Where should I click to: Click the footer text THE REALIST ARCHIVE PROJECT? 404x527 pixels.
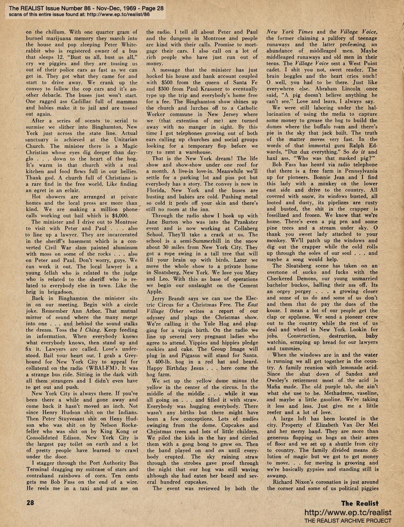click(348, 521)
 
